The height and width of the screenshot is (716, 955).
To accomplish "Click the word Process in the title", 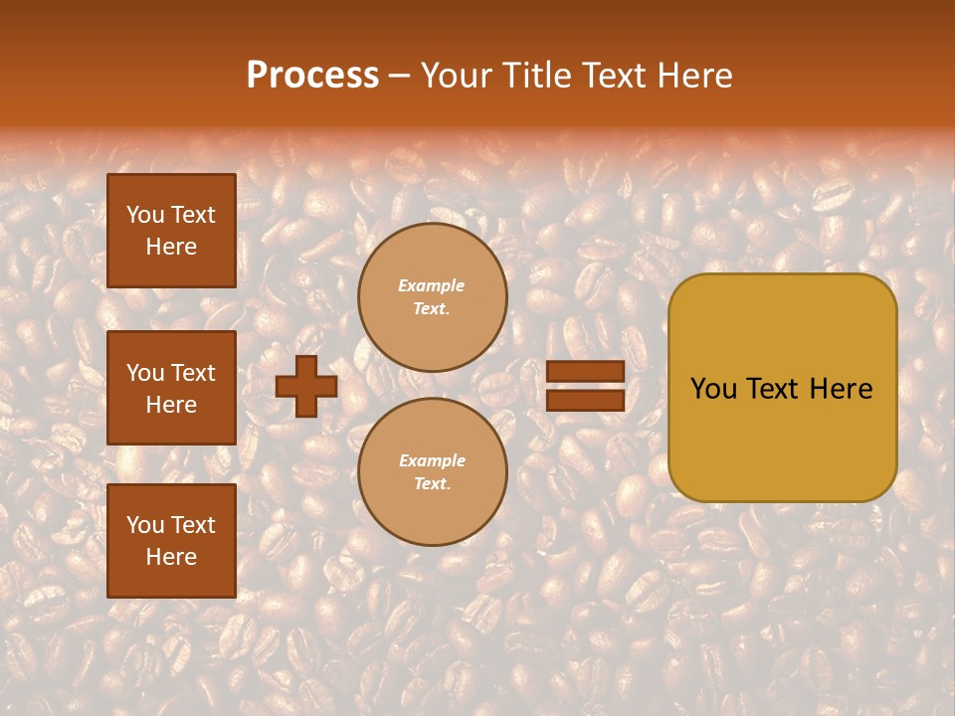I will pyautogui.click(x=312, y=76).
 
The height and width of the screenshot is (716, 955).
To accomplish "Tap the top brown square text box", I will pyautogui.click(x=171, y=231).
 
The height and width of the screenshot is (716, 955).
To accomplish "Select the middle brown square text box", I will pyautogui.click(x=171, y=388).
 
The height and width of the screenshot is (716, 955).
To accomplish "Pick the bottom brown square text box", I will pyautogui.click(x=171, y=541).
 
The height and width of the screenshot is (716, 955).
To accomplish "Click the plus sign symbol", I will pyautogui.click(x=306, y=386).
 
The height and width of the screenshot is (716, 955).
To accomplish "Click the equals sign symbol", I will pyautogui.click(x=585, y=386).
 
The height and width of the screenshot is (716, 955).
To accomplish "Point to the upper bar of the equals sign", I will pyautogui.click(x=585, y=372).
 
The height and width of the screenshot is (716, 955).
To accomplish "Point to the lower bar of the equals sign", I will pyautogui.click(x=585, y=401).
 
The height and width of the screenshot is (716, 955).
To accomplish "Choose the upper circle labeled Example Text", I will pyautogui.click(x=432, y=297).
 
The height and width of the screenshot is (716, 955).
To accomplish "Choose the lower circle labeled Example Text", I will pyautogui.click(x=432, y=472).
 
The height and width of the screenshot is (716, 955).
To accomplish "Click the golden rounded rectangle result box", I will pyautogui.click(x=782, y=388).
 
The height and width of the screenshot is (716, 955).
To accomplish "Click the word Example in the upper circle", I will pyautogui.click(x=432, y=285).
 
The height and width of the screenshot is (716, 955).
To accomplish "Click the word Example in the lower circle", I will pyautogui.click(x=432, y=460).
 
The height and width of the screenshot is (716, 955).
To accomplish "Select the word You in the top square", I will pyautogui.click(x=145, y=215).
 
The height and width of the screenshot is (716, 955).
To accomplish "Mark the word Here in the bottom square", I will pyautogui.click(x=171, y=557).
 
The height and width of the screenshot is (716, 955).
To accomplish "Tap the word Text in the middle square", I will pyautogui.click(x=192, y=373).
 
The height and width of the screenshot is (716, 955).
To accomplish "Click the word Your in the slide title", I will pyautogui.click(x=456, y=76).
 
